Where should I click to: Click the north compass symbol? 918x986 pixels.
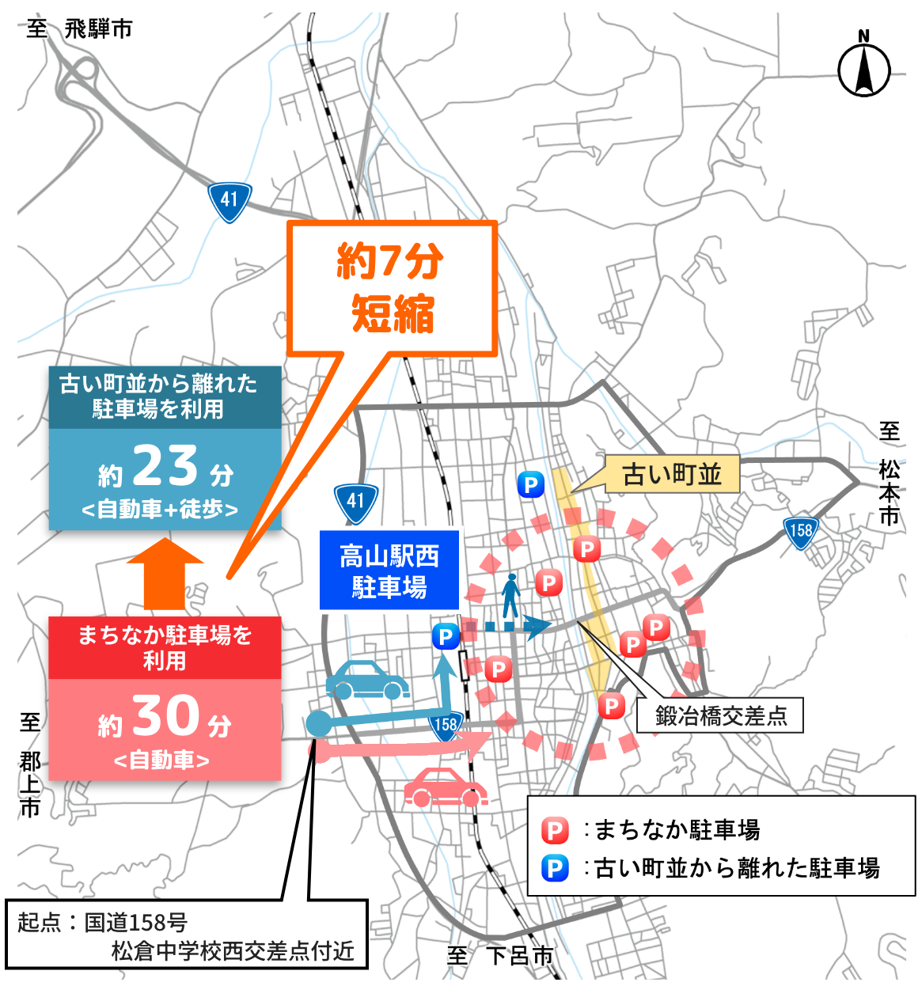(863, 68)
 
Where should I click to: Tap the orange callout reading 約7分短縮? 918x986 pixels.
(392, 288)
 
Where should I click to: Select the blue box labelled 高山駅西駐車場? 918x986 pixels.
(389, 571)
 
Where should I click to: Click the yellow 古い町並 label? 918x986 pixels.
(671, 474)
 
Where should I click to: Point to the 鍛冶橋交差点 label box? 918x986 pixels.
(720, 715)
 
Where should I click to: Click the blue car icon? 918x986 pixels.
(367, 680)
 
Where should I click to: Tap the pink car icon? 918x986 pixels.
(445, 787)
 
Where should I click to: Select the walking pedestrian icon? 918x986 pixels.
(511, 595)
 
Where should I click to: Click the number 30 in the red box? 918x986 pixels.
(165, 716)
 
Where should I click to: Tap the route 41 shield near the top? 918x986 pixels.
(229, 201)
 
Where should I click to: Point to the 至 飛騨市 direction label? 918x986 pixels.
(79, 30)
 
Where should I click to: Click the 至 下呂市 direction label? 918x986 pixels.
(500, 955)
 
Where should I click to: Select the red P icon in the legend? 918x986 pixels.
(555, 831)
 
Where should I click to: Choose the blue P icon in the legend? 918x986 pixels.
(555, 868)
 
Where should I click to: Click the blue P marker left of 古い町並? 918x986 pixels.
(530, 484)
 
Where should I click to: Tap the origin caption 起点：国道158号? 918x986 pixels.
(103, 922)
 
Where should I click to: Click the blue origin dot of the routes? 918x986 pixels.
(318, 722)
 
